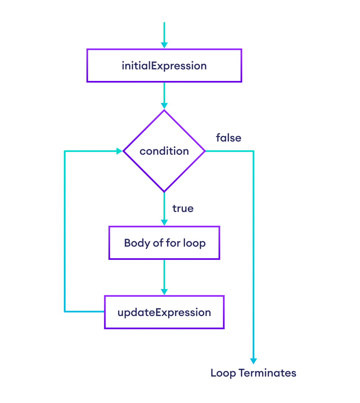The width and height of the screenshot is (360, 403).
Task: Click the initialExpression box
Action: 164,65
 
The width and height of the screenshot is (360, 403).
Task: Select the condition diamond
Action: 164,151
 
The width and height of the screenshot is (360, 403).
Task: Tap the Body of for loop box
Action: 164,243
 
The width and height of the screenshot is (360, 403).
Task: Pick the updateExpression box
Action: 164,312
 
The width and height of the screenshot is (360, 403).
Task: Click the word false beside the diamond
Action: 228,138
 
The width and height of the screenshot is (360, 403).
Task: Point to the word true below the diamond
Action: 183,209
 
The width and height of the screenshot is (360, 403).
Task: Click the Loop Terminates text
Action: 253,373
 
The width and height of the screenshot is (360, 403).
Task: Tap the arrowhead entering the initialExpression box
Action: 164,45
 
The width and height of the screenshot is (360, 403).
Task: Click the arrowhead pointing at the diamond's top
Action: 164,106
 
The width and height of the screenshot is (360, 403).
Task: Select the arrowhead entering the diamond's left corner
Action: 120,151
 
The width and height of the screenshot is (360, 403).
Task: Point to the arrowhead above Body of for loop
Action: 164,222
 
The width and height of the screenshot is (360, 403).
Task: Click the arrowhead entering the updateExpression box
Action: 164,292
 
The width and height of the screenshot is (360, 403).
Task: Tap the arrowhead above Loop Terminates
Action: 254,361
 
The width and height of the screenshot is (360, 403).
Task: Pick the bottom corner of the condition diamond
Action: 164,192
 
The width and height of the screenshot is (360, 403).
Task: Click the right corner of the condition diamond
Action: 205,151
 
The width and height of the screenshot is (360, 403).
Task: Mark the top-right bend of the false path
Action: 254,151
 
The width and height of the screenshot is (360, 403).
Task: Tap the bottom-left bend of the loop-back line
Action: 65,312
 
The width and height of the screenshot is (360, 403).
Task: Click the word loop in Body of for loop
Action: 194,243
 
